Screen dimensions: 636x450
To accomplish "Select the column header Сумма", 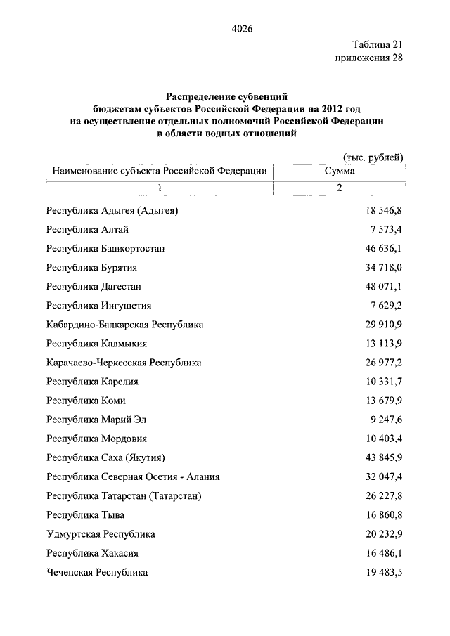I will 340,171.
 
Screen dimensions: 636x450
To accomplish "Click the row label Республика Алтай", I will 87,229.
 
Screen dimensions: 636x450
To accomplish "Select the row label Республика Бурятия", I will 91,268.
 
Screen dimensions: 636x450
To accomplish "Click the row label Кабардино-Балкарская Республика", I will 124,325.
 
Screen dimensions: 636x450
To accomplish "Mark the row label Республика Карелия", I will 92,382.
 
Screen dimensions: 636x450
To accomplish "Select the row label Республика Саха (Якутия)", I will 105,457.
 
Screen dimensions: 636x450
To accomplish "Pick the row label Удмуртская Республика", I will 101,534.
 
